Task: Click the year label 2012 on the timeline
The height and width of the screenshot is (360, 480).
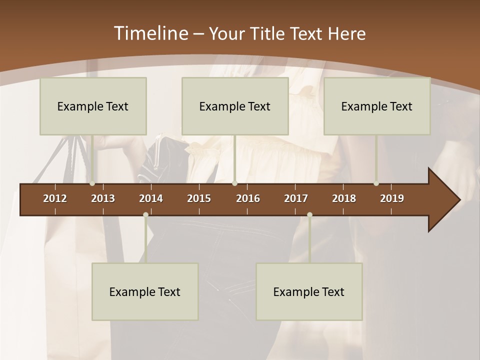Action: coord(55,198)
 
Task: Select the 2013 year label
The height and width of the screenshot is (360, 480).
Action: coord(103,198)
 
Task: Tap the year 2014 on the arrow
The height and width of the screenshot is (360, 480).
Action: coord(151,198)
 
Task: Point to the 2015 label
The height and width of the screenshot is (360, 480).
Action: coord(199,198)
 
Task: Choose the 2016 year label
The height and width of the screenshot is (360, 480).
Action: coord(248,198)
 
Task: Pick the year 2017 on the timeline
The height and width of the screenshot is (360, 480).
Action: coord(296,198)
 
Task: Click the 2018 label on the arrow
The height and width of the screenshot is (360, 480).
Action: coord(344,198)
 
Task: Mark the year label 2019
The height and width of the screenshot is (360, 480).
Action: coord(392,198)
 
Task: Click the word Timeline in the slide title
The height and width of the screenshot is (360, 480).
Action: coord(150,33)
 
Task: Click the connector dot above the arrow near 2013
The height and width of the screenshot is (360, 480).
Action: coord(92,183)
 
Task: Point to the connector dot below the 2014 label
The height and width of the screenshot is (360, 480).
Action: coord(145,215)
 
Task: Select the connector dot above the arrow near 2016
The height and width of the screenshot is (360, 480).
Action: coord(234,183)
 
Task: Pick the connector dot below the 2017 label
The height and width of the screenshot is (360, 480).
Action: coord(309,215)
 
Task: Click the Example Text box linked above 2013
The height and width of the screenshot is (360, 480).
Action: coord(93,106)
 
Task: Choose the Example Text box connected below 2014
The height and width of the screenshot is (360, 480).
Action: coord(145,291)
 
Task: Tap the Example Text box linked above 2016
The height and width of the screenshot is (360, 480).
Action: coord(235,106)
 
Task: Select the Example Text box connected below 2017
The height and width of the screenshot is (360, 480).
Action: coord(309,291)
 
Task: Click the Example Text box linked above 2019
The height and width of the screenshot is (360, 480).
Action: coord(377,106)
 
